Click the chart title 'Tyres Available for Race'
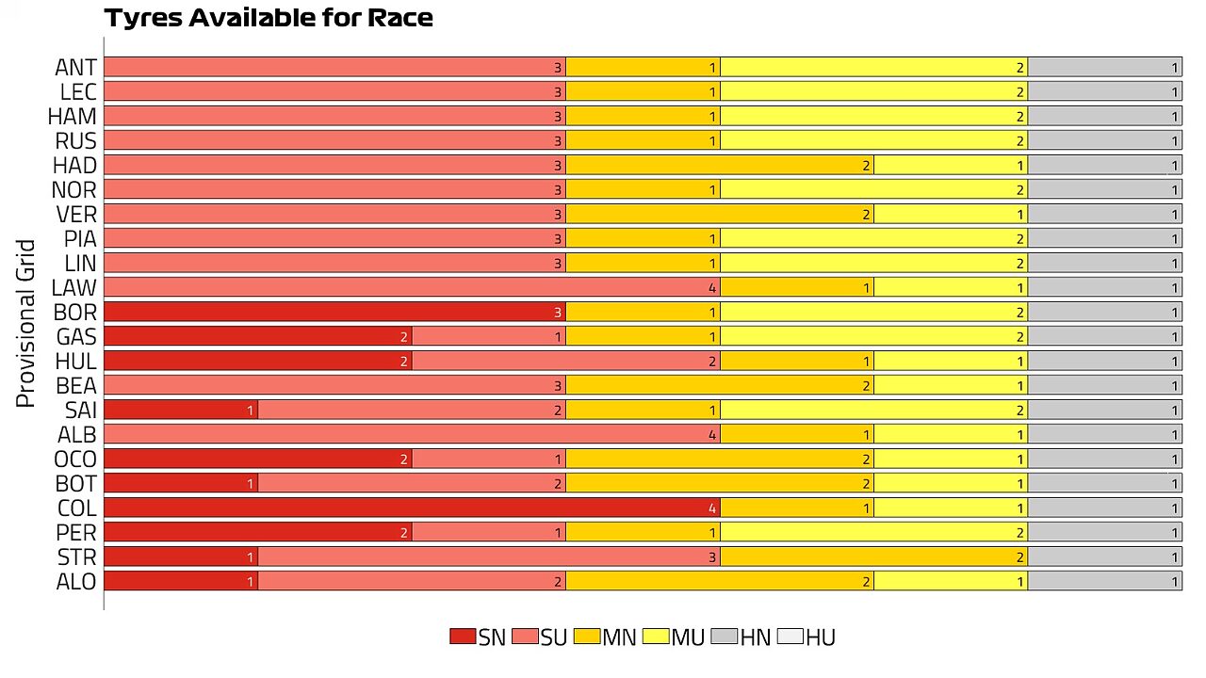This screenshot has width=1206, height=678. (269, 18)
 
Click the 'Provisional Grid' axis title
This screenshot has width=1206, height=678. (25, 323)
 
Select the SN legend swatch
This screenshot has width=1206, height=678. (463, 637)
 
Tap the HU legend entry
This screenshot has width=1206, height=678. (807, 638)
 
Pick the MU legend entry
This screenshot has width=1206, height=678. (674, 638)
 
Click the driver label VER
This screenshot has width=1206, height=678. (76, 214)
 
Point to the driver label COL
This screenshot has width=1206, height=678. (77, 508)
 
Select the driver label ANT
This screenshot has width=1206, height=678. (76, 67)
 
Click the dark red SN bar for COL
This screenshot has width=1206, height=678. (412, 508)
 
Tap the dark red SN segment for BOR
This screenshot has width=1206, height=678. (334, 312)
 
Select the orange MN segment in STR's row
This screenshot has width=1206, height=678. (873, 557)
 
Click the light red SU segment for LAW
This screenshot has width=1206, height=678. (412, 287)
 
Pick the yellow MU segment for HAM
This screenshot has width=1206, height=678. (873, 116)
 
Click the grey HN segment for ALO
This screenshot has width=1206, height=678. (1105, 581)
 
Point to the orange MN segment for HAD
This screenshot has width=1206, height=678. (720, 165)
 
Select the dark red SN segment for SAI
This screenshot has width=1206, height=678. (181, 410)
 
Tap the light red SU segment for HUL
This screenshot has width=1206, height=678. (566, 361)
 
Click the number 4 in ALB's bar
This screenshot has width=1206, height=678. (711, 435)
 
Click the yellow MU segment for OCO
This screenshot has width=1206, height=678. (951, 459)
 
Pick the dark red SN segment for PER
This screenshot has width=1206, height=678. (258, 532)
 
